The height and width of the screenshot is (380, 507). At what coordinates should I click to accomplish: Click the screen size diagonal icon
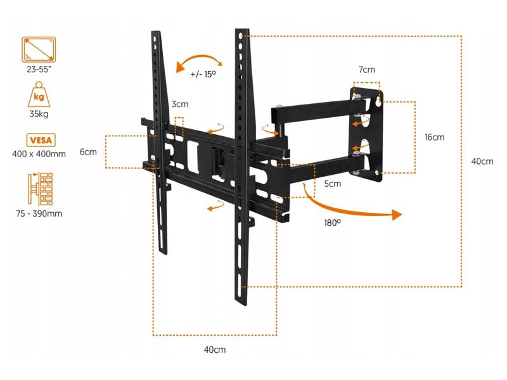coord(39,49)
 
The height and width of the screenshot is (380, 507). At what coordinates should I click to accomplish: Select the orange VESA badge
coord(39,140)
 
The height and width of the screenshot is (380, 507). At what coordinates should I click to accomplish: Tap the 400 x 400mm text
coord(39,154)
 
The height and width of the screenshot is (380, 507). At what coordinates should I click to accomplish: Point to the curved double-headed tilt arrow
coord(199,61)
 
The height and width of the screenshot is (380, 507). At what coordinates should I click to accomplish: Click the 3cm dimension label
coord(179,104)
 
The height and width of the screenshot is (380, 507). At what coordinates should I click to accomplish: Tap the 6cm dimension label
coord(87,152)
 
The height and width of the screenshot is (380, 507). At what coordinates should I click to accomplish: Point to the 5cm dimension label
coord(332,184)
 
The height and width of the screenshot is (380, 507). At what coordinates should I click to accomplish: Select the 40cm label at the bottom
coord(214,350)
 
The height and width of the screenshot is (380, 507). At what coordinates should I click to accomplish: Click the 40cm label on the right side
coord(482,161)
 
